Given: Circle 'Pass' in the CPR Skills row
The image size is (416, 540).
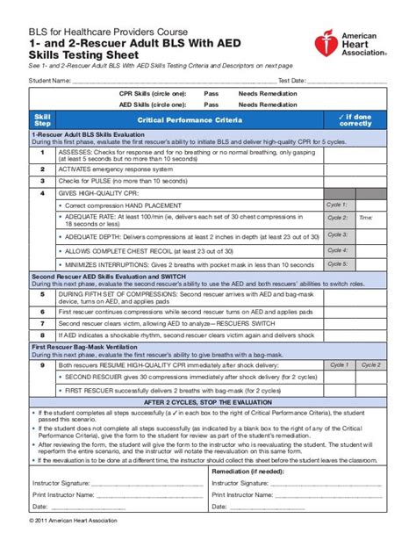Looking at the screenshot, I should click(211, 91).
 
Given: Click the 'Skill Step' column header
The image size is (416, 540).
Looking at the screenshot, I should click(43, 119).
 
